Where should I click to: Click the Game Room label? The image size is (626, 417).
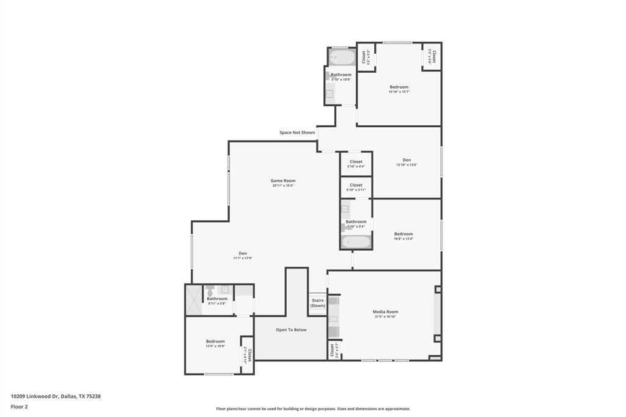pyautogui.click(x=283, y=180)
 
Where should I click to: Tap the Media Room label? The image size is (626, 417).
pyautogui.click(x=385, y=312)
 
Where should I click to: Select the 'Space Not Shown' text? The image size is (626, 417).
pyautogui.click(x=297, y=133)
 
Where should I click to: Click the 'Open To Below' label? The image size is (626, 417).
pyautogui.click(x=291, y=330)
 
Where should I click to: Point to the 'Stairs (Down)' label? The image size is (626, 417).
pyautogui.click(x=317, y=303)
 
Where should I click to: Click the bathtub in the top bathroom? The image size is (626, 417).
pyautogui.click(x=342, y=58)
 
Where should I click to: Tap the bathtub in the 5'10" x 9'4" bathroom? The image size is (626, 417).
pyautogui.click(x=356, y=242)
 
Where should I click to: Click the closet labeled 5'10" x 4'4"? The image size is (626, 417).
pyautogui.click(x=356, y=164)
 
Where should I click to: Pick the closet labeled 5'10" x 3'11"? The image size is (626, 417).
pyautogui.click(x=356, y=187)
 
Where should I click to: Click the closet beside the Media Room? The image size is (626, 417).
pyautogui.click(x=334, y=350)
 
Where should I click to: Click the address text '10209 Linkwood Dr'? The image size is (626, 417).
pyautogui.click(x=35, y=396)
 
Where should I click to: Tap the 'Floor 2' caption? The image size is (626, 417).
pyautogui.click(x=19, y=407)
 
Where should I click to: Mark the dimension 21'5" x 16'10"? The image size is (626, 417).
pyautogui.click(x=385, y=317)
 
